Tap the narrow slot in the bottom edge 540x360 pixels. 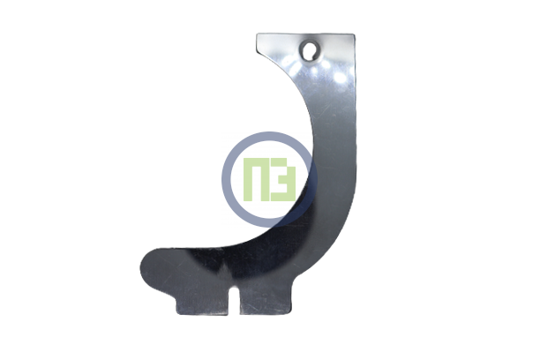pos(234,299)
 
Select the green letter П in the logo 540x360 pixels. pos(255,179)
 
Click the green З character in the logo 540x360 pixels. pos(283,179)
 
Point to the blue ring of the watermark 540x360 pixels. pos(226,179)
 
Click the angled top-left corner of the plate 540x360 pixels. pos(258,34)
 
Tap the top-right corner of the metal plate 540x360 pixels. pos(354,34)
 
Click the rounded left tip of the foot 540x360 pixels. pos(141,268)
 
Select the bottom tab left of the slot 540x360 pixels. pos(203,304)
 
